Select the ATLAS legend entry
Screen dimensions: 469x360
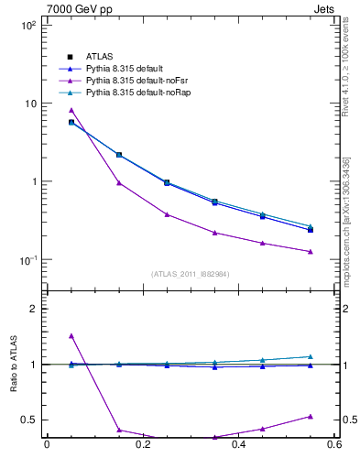[x=99, y=56]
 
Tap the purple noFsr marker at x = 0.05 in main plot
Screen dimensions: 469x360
[x=71, y=110]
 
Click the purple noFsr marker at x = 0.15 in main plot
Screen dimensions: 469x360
[x=119, y=182]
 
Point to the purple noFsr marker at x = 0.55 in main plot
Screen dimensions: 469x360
[x=311, y=251]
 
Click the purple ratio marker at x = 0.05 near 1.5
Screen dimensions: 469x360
[x=71, y=335]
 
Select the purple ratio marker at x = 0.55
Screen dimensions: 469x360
[x=311, y=416]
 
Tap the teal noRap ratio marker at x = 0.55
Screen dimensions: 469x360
[x=311, y=356]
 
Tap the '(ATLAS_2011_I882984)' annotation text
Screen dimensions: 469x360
[x=191, y=274]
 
